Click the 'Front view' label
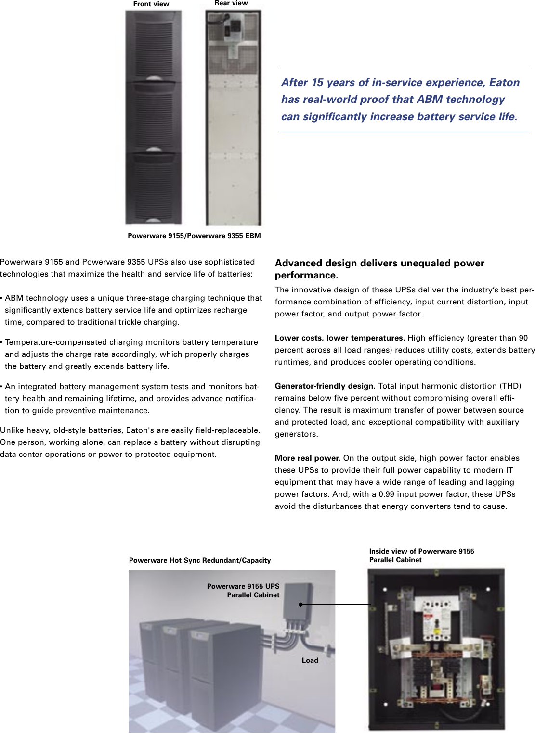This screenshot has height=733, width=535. coord(151,4)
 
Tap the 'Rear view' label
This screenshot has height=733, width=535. coord(231,3)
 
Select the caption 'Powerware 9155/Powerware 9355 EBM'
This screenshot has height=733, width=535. coord(194,236)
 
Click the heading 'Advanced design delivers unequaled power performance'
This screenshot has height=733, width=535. coord(379,269)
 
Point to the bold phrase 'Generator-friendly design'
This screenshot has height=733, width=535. coord(324,386)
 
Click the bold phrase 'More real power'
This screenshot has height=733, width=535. coord(307,458)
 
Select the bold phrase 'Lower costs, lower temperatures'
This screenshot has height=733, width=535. coord(339,338)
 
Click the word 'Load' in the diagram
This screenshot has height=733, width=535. coord(310,660)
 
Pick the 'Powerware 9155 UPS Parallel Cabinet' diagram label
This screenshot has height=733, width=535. coord(243,591)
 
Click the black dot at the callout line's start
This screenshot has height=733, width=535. coord(300,605)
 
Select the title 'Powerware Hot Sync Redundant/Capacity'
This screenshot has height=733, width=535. coord(200,560)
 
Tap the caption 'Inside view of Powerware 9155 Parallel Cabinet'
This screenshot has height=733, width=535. coord(421,556)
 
